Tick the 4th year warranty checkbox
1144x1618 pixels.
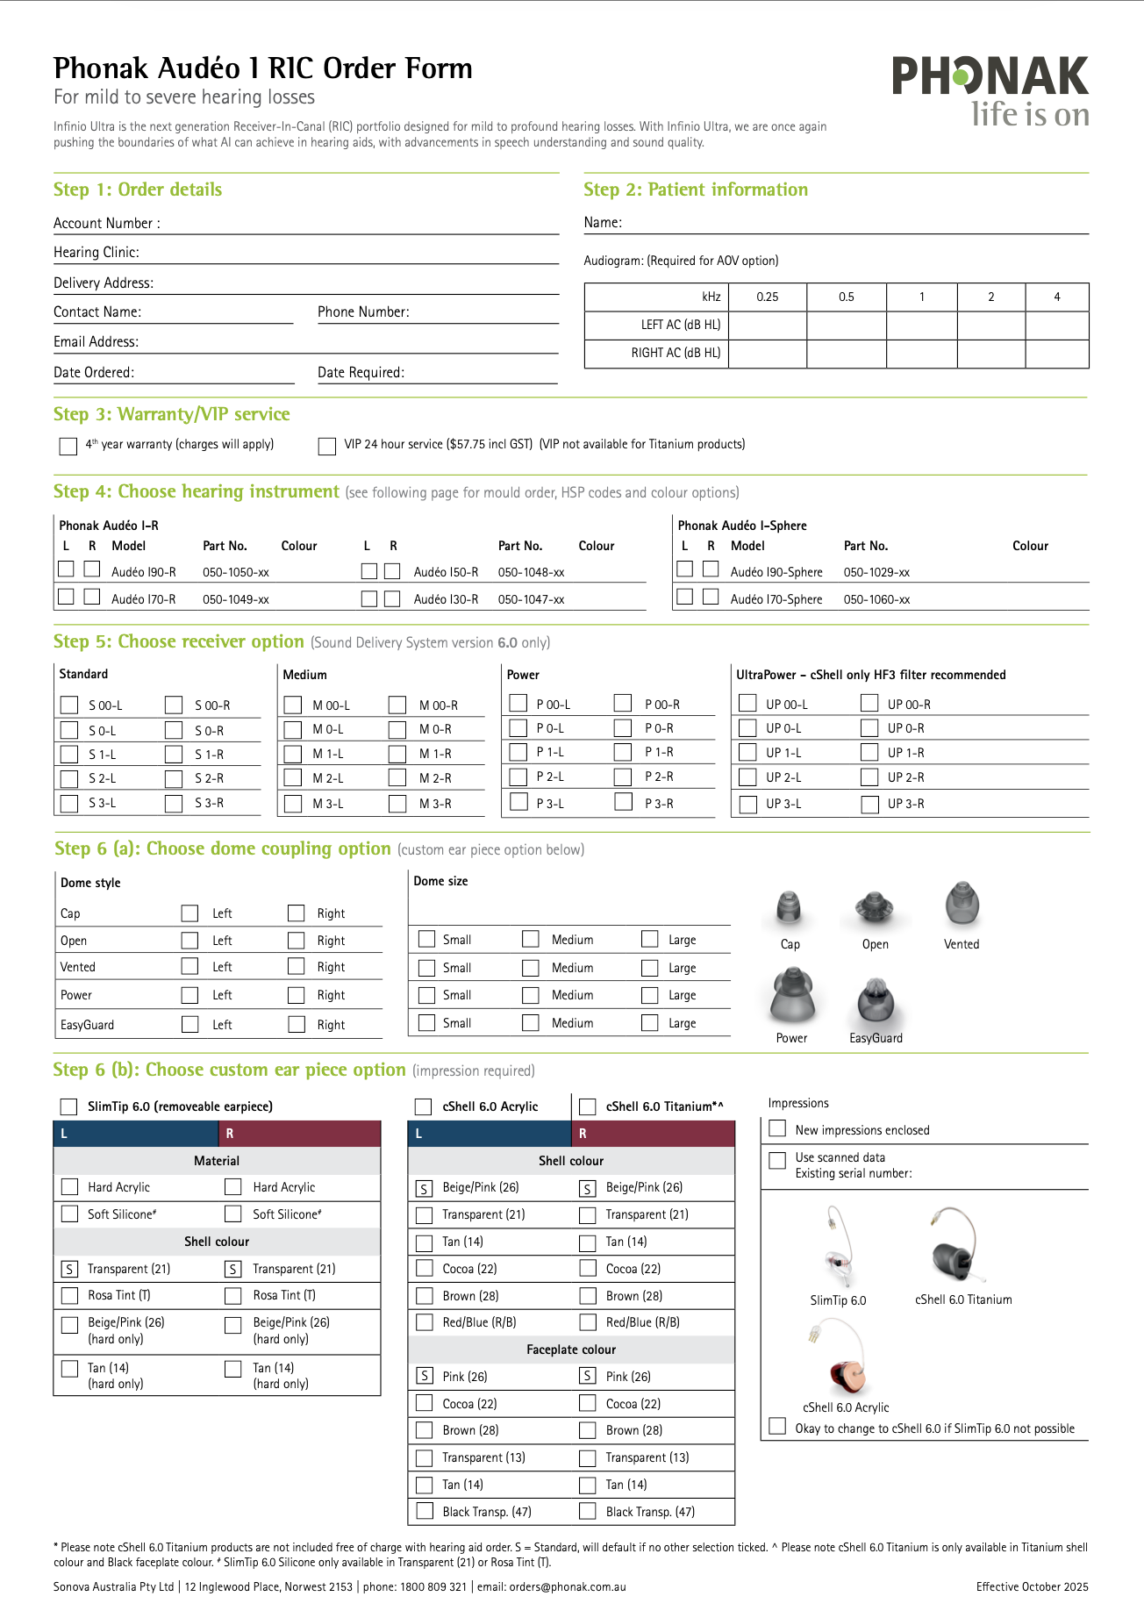click(x=68, y=447)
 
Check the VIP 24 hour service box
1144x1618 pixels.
click(x=327, y=447)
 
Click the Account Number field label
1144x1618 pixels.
click(x=106, y=224)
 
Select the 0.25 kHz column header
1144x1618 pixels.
click(x=767, y=297)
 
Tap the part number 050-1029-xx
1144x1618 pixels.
click(x=876, y=573)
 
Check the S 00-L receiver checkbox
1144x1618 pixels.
click(x=69, y=705)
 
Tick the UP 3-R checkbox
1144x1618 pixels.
click(x=869, y=805)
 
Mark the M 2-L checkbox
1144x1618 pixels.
click(x=293, y=778)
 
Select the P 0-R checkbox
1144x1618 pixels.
click(x=623, y=728)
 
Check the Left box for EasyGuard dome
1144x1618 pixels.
click(x=189, y=1024)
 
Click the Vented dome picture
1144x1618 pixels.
click(x=962, y=905)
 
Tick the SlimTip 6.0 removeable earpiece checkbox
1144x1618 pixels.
click(x=68, y=1106)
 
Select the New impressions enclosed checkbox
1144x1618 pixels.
click(x=777, y=1129)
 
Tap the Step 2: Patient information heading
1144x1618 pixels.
click(x=696, y=190)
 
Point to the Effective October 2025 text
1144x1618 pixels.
click(x=1032, y=1587)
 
